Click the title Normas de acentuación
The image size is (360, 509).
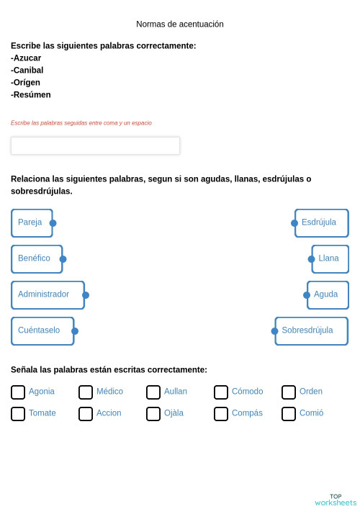pyautogui.click(x=180, y=24)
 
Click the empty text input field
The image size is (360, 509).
pyautogui.click(x=95, y=145)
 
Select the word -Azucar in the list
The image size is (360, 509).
pyautogui.click(x=26, y=58)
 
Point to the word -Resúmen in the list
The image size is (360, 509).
pyautogui.click(x=31, y=95)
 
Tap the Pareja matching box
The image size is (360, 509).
pyautogui.click(x=32, y=223)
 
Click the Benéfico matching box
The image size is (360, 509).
pyautogui.click(x=37, y=259)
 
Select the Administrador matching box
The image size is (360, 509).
pyautogui.click(x=48, y=295)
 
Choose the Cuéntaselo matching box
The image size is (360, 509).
pyautogui.click(x=42, y=331)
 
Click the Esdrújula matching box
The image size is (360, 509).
pyautogui.click(x=321, y=223)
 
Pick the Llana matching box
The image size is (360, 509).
pyautogui.click(x=330, y=259)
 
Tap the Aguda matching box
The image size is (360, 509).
pyautogui.click(x=328, y=295)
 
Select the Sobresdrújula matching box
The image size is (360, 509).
pyautogui.click(x=311, y=331)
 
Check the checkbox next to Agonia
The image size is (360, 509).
pyautogui.click(x=18, y=392)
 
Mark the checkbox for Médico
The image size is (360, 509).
pyautogui.click(x=86, y=392)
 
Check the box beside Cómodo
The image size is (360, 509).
pyautogui.click(x=221, y=392)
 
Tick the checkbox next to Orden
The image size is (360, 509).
pyautogui.click(x=289, y=392)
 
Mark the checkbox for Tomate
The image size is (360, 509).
pyautogui.click(x=18, y=414)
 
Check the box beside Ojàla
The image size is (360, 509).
pyautogui.click(x=153, y=414)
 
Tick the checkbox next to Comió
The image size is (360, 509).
pyautogui.click(x=289, y=414)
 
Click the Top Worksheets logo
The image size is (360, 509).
pyautogui.click(x=336, y=500)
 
